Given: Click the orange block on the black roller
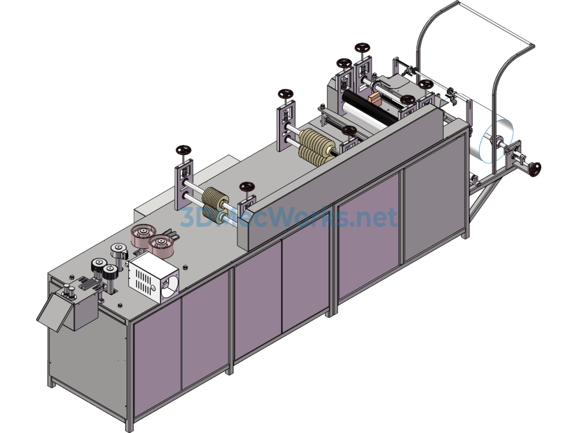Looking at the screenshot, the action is click(375, 98).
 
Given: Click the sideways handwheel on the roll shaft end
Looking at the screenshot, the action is click(536, 169).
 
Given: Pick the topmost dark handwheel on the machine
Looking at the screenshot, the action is click(362, 48).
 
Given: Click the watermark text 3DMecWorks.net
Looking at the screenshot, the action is click(289, 217).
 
